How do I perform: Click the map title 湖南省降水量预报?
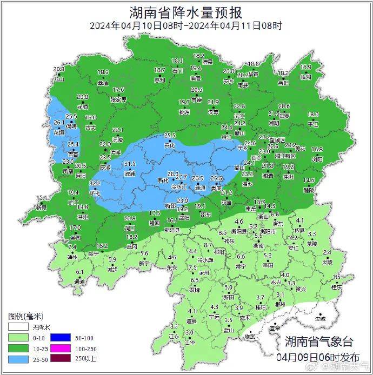pyautogui.click(x=186, y=12)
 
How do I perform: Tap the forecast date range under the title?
pyautogui.click(x=186, y=25)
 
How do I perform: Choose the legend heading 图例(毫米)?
pyautogui.click(x=25, y=316)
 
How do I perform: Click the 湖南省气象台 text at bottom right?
pyautogui.click(x=319, y=341)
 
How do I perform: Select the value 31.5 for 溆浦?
pyautogui.click(x=130, y=164)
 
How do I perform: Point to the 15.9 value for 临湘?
pyautogui.click(x=306, y=68)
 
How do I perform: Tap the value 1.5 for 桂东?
pyautogui.click(x=337, y=277)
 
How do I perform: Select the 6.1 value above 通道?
pyautogui.click(x=79, y=272)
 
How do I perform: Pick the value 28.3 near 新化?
pyautogui.click(x=173, y=173)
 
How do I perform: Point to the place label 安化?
pyautogui.click(x=170, y=145)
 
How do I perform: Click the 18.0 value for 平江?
pyautogui.click(x=313, y=115)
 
